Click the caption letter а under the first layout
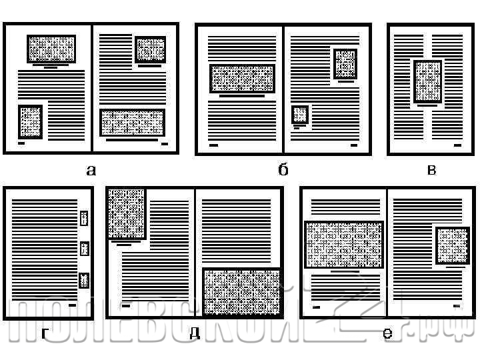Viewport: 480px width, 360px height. (91, 170)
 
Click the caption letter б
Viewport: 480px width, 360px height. (283, 169)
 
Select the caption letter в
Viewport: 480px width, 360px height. (431, 170)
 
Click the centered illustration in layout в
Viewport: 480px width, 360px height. (427, 81)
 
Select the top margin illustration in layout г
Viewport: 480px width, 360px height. (84, 218)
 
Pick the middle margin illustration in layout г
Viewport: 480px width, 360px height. (84, 249)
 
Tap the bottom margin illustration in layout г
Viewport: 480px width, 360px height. (84, 280)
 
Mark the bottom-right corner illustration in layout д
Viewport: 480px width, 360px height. (241, 291)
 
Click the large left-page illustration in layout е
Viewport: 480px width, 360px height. (344, 245)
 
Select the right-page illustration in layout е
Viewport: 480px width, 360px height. (453, 245)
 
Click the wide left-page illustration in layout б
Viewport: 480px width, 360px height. (242, 79)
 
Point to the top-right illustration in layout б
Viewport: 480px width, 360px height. (345, 64)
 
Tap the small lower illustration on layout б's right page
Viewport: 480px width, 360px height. (300, 115)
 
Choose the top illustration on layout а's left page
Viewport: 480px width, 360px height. (51, 49)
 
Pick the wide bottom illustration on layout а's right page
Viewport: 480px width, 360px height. (132, 122)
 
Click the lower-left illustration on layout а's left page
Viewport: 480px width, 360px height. (31, 122)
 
